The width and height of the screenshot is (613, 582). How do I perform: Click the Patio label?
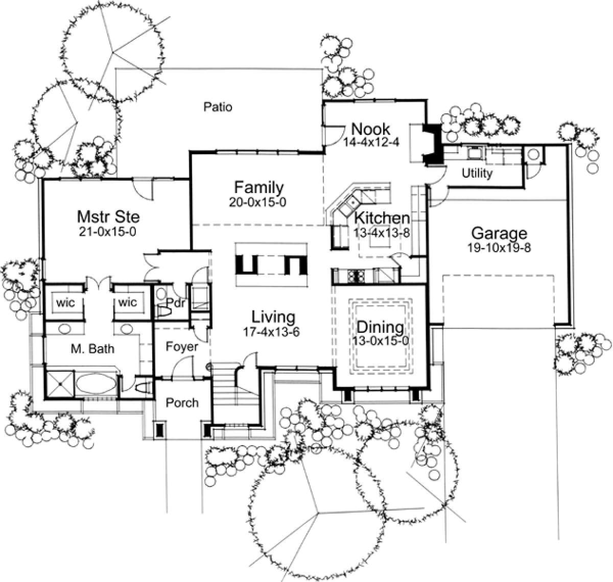click(218, 107)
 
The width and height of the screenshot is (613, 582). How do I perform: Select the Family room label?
click(259, 187)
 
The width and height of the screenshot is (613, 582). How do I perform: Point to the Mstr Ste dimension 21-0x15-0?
click(108, 232)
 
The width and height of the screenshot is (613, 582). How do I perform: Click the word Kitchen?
click(382, 217)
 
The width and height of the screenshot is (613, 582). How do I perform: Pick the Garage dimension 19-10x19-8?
click(499, 248)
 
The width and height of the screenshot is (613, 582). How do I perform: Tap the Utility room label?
click(477, 173)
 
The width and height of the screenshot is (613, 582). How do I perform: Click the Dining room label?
click(380, 327)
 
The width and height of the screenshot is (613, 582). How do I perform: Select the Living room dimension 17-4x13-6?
click(271, 332)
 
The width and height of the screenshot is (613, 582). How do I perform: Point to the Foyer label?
click(182, 347)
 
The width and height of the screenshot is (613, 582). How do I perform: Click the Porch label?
click(182, 402)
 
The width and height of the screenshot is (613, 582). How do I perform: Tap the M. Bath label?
click(92, 349)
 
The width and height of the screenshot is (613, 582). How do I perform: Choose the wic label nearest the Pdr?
click(128, 302)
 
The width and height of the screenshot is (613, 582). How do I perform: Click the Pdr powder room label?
click(176, 302)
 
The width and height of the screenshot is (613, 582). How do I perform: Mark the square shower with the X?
click(60, 384)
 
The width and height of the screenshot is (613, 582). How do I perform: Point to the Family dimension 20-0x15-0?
click(257, 202)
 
